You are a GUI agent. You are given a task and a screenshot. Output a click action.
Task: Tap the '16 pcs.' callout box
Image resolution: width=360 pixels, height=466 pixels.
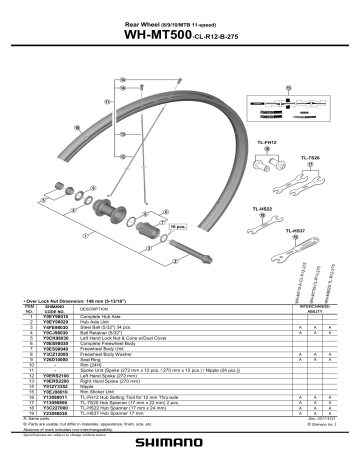click(x=181, y=227)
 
